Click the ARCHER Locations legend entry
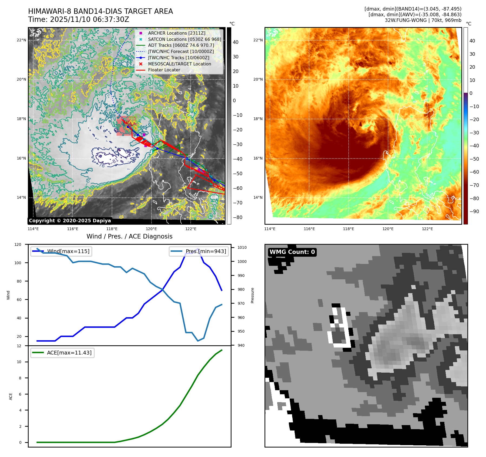tap(177, 33)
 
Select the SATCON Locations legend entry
tap(184, 39)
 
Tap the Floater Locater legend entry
tap(164, 70)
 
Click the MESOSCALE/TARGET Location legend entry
tap(179, 64)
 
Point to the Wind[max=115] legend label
tap(68, 251)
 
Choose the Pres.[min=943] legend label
tap(206, 251)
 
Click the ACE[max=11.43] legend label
tap(69, 353)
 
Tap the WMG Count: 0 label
tap(292, 252)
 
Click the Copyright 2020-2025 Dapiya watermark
tap(70, 221)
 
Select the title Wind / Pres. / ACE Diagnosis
tap(129, 236)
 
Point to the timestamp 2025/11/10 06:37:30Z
tap(90, 20)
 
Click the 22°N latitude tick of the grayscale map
tap(21, 40)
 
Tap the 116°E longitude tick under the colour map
tap(309, 229)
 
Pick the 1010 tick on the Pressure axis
tap(242, 247)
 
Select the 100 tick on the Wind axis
tap(18, 263)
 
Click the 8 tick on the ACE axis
tap(20, 378)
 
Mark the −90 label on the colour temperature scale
tap(474, 211)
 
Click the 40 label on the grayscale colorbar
tap(236, 42)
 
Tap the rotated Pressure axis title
tap(252, 295)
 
